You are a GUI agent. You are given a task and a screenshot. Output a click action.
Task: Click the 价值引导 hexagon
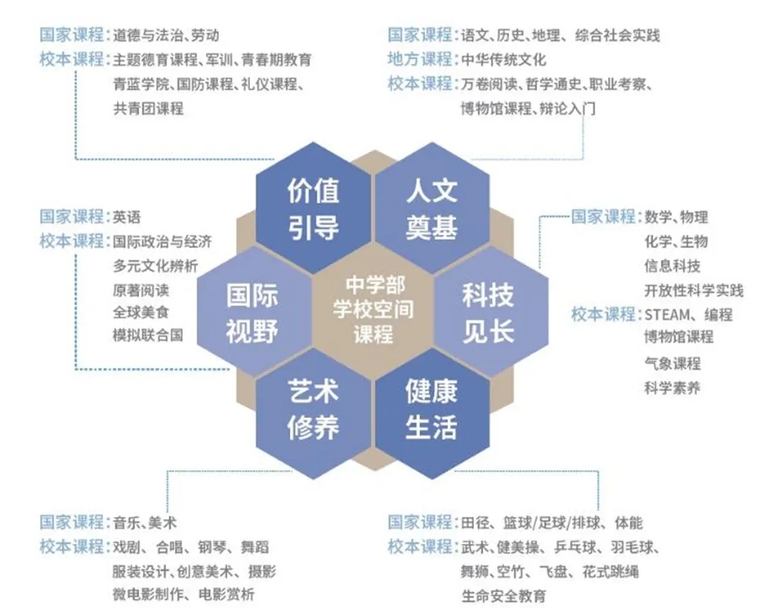click(313, 208)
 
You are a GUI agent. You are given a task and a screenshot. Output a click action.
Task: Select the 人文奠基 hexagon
click(432, 208)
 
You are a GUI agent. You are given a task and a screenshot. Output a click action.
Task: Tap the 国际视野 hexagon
click(254, 312)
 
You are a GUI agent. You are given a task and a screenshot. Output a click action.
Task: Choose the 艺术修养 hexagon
click(313, 413)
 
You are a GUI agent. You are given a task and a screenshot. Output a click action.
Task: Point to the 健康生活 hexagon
click(432, 413)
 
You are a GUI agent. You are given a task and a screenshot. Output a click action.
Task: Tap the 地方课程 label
click(419, 59)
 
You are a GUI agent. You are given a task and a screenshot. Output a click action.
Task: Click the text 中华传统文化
click(503, 60)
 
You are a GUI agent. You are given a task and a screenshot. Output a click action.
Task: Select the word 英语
click(127, 217)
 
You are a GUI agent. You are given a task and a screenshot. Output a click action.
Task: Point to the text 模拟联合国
click(148, 335)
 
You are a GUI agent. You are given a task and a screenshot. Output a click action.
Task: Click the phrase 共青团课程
click(148, 109)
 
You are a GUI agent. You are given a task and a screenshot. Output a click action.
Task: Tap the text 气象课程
click(672, 364)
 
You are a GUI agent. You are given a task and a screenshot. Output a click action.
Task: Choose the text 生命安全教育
click(503, 597)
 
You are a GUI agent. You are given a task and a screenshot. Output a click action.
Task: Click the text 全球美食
click(141, 312)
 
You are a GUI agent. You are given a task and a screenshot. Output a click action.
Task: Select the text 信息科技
click(672, 266)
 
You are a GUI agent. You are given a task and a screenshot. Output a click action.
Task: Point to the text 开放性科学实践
click(694, 291)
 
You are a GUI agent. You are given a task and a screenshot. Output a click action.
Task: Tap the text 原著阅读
click(141, 290)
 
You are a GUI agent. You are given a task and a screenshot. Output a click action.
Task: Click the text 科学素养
click(672, 388)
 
